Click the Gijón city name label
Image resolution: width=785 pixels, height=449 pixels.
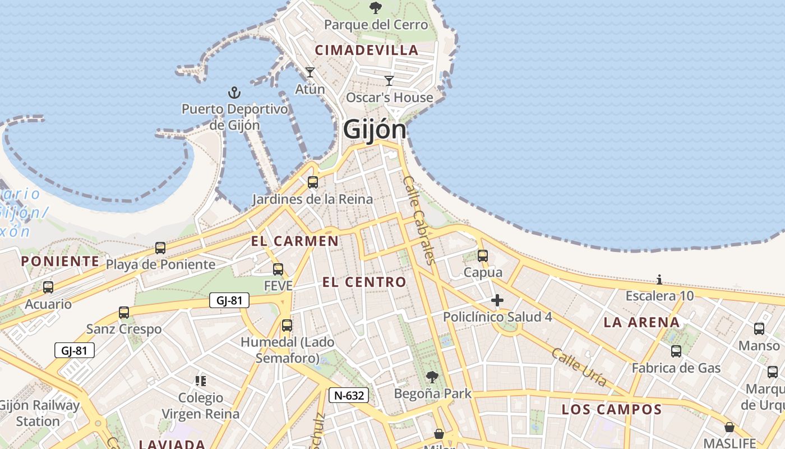pyautogui.click(x=374, y=129)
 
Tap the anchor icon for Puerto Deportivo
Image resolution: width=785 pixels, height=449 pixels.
pyautogui.click(x=234, y=92)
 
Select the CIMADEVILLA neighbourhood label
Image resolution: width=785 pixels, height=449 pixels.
pyautogui.click(x=367, y=50)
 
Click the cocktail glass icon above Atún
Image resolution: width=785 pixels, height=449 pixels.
pyautogui.click(x=310, y=72)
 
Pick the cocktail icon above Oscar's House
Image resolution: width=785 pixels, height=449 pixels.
pyautogui.click(x=389, y=80)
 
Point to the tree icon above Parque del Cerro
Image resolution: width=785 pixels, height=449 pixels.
pyautogui.click(x=376, y=7)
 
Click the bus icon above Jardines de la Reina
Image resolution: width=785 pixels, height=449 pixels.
pyautogui.click(x=313, y=182)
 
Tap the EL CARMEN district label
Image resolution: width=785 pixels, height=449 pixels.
pyautogui.click(x=295, y=241)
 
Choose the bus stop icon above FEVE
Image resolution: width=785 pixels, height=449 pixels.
pyautogui.click(x=278, y=269)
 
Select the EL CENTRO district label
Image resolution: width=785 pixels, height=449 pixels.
pyautogui.click(x=364, y=282)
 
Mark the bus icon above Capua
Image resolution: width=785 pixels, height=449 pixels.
pyautogui.click(x=483, y=256)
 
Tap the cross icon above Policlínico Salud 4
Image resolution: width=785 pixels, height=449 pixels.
pyautogui.click(x=497, y=300)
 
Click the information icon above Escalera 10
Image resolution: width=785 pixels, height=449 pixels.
pyautogui.click(x=659, y=280)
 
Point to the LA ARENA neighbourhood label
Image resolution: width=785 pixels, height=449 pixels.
pyautogui.click(x=642, y=322)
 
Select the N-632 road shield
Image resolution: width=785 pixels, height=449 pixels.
pyautogui.click(x=349, y=395)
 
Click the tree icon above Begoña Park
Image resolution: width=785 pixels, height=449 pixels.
pyautogui.click(x=432, y=377)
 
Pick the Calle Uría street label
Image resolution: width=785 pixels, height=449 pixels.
pyautogui.click(x=579, y=368)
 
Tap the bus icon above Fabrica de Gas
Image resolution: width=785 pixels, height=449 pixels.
pyautogui.click(x=676, y=351)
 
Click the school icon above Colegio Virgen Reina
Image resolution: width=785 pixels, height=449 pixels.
pyautogui.click(x=201, y=381)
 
